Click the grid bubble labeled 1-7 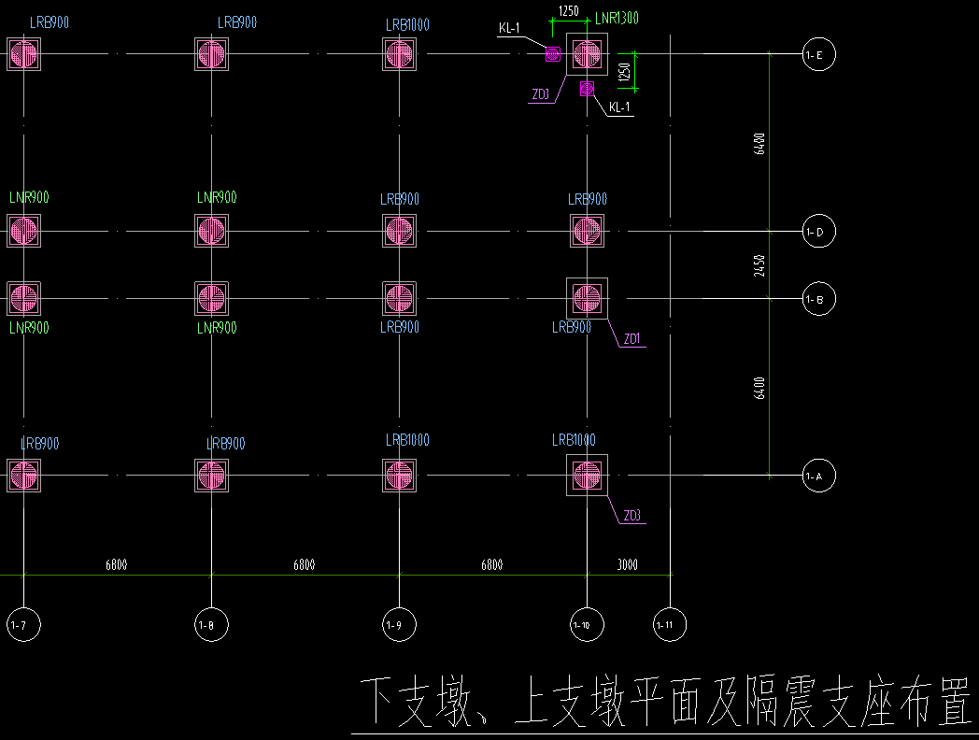(23, 624)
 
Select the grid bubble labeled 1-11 (669, 624)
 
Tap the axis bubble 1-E (818, 54)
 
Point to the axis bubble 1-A (818, 476)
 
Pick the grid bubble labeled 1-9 (399, 624)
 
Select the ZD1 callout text (632, 340)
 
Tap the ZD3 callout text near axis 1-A (632, 516)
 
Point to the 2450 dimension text (760, 265)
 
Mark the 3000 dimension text (629, 564)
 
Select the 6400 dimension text (760, 388)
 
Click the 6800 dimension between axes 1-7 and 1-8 (117, 564)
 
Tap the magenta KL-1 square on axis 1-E (552, 54)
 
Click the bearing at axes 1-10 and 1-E (587, 54)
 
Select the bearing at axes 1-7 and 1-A (23, 476)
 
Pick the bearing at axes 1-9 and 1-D (399, 230)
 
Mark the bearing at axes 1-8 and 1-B (211, 299)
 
